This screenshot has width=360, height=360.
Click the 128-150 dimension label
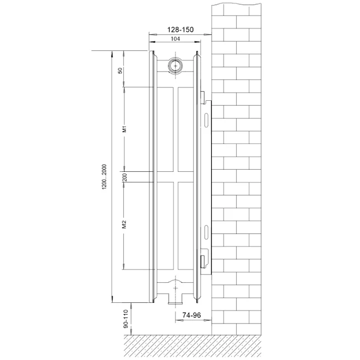[x=180, y=30]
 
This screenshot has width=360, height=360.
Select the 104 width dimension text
[x=175, y=39]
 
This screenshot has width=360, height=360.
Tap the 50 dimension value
[x=120, y=71]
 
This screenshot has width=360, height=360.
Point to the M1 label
[x=124, y=129]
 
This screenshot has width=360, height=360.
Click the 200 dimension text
[x=125, y=177]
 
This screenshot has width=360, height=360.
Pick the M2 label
[x=124, y=225]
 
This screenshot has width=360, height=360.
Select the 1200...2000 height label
[x=105, y=176]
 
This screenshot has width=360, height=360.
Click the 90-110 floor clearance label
[x=125, y=319]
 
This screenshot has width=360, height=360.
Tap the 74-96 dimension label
[x=191, y=315]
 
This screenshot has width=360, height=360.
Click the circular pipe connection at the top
[x=176, y=66]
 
